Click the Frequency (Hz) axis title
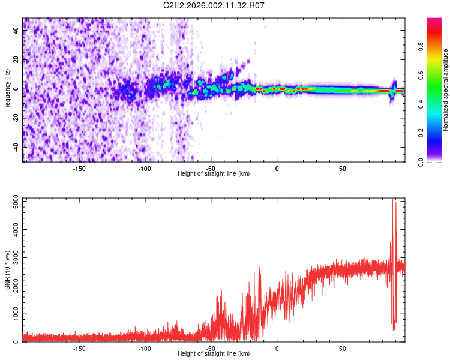click(x=8, y=90)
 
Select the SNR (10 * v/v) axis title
click(x=8, y=269)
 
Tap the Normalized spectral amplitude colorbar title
click(x=446, y=90)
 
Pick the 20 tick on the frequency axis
click(x=17, y=60)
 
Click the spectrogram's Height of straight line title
click(x=214, y=173)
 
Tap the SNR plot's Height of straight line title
click(x=214, y=353)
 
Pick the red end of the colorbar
click(x=434, y=21)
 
